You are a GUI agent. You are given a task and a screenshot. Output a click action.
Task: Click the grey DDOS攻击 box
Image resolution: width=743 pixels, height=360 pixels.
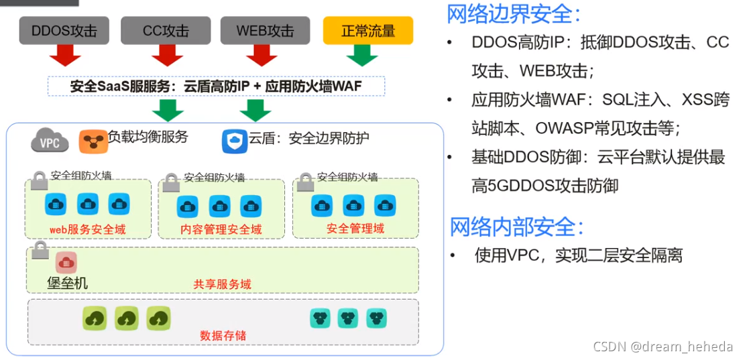(x=64, y=31)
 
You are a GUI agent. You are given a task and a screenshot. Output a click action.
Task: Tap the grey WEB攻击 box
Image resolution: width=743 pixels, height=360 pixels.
(x=265, y=31)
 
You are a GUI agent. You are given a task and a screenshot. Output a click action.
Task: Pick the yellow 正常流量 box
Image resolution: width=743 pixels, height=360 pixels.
(x=367, y=31)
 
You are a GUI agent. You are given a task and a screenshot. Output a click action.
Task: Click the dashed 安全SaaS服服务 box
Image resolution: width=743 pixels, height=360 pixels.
(x=217, y=86)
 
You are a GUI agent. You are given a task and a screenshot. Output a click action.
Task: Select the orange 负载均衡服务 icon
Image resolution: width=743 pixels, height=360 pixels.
(x=93, y=141)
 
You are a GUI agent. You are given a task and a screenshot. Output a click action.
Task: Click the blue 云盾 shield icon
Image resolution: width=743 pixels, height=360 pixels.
(x=234, y=141)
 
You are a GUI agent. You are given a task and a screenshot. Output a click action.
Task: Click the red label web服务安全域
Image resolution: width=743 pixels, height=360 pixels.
(x=87, y=229)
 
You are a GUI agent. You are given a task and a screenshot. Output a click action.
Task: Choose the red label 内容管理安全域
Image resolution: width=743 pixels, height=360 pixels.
(x=221, y=229)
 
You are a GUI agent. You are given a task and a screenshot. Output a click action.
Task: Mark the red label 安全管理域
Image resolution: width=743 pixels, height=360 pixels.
(x=355, y=229)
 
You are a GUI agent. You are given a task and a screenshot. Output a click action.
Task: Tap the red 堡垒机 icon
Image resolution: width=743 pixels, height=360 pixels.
(x=66, y=262)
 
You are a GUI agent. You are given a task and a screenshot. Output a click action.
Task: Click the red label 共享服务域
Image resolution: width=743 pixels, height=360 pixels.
(x=222, y=284)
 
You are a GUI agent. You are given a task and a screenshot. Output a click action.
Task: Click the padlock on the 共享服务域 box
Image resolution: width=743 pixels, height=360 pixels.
(x=40, y=251)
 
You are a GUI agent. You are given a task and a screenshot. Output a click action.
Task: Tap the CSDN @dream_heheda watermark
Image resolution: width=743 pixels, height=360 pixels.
(x=663, y=346)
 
